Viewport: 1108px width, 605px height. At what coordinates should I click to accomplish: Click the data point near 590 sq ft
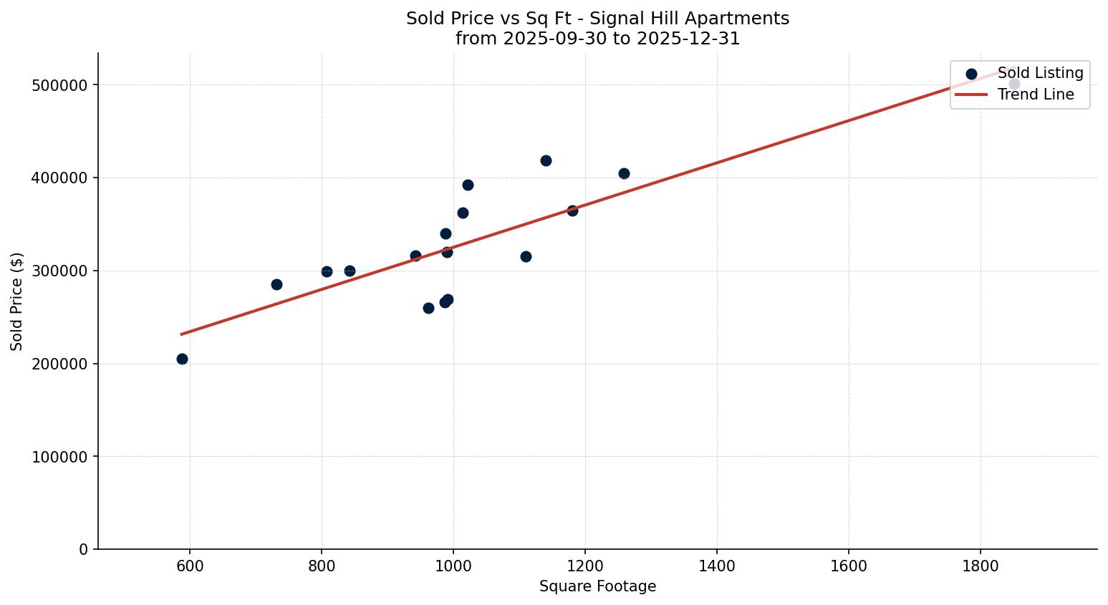click(x=182, y=359)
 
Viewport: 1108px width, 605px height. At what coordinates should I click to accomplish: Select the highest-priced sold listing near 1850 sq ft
click(x=1014, y=84)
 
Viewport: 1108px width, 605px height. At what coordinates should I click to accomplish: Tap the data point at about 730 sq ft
click(x=276, y=284)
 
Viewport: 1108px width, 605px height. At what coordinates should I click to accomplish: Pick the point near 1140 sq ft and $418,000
click(x=546, y=160)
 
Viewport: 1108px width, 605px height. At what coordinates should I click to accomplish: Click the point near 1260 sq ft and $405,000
click(x=624, y=173)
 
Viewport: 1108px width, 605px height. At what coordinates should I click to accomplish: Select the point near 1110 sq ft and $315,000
click(x=526, y=256)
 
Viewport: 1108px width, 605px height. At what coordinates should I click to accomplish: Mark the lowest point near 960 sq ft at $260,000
click(x=428, y=308)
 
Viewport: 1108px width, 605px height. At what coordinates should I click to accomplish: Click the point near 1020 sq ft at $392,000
click(x=468, y=185)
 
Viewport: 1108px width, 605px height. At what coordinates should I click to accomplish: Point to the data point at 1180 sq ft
click(x=572, y=210)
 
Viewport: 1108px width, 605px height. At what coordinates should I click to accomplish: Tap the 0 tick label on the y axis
click(x=84, y=549)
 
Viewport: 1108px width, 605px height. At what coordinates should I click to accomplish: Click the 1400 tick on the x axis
click(x=717, y=566)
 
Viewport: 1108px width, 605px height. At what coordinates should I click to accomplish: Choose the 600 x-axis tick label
click(x=190, y=566)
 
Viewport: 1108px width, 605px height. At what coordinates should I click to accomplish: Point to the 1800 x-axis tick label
click(x=981, y=566)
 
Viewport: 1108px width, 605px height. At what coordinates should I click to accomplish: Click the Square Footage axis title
click(x=597, y=587)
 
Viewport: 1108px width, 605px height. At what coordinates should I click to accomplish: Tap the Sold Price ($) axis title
click(x=17, y=301)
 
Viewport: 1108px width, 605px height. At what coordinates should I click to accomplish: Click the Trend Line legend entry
click(x=1035, y=95)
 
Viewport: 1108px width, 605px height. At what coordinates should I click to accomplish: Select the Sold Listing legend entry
click(x=1040, y=73)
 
